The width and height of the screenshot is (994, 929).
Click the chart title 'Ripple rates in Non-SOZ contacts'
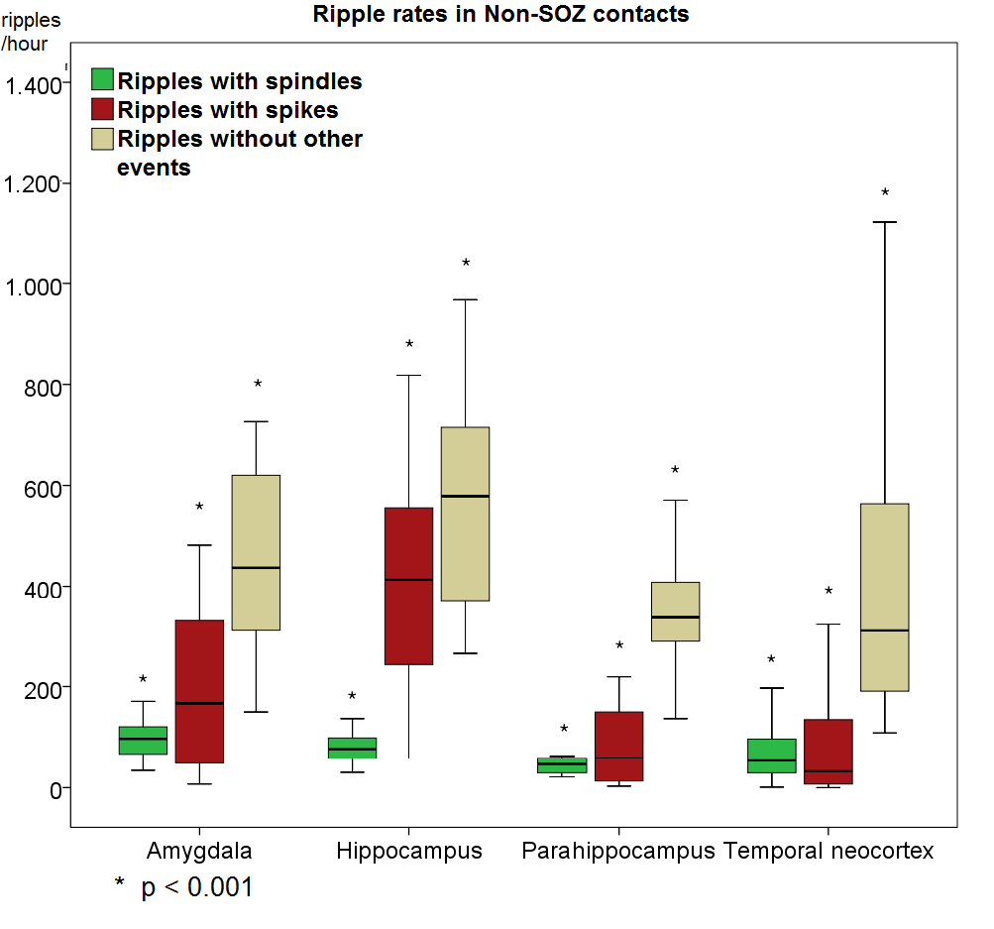click(500, 14)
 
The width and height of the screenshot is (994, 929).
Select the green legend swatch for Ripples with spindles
click(103, 80)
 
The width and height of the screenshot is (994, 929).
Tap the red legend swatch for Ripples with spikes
click(103, 109)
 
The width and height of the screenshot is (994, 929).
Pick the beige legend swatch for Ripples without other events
click(103, 139)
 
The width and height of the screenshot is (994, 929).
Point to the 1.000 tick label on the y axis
click(33, 285)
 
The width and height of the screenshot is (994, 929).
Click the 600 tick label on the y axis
click(41, 487)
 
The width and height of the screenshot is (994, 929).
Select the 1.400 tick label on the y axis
click(33, 85)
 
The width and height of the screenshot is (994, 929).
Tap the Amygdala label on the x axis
click(199, 851)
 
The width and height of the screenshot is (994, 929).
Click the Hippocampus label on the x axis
click(409, 851)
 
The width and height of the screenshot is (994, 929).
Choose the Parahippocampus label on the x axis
click(618, 851)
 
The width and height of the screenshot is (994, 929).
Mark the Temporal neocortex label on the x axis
click(828, 851)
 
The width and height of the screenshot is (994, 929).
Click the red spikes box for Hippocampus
click(408, 585)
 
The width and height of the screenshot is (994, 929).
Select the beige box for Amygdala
click(256, 552)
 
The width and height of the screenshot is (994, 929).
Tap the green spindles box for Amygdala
click(143, 741)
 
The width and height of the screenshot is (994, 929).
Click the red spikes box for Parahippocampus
click(619, 747)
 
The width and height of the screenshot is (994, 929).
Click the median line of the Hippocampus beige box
click(465, 496)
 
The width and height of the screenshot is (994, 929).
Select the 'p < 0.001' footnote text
click(196, 887)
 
